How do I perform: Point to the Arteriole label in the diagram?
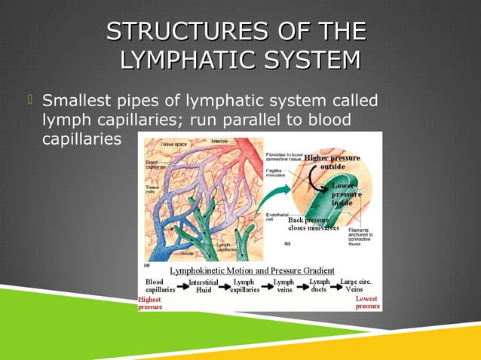[219, 141]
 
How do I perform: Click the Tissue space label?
[173, 143]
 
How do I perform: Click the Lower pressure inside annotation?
[342, 194]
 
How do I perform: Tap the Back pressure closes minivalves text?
[313, 224]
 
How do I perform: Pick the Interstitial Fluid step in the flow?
[204, 285]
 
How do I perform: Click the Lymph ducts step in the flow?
[320, 285]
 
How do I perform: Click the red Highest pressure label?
[149, 303]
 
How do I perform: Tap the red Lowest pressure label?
[367, 303]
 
